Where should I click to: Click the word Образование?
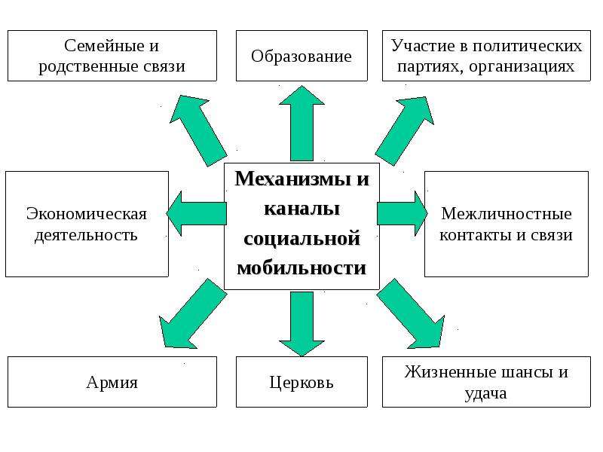301,56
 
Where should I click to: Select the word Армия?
112,383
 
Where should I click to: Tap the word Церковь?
301,383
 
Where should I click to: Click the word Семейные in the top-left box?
101,45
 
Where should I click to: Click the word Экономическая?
87,214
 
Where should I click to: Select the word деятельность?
86,235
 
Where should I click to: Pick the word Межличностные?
507,214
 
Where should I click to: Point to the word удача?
485,393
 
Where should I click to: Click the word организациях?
522,66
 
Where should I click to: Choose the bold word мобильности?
301,268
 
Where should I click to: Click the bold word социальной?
302,238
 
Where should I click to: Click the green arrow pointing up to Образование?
302,123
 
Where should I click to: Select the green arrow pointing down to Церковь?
302,324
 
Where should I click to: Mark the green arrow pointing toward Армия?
192,314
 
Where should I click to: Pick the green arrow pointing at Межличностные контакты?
403,213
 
